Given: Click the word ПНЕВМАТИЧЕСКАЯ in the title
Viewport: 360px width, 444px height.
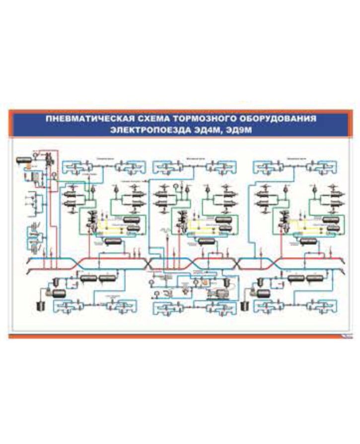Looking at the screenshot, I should pyautogui.click(x=84, y=120).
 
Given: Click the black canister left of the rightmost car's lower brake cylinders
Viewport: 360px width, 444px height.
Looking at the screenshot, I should pyautogui.click(x=244, y=305).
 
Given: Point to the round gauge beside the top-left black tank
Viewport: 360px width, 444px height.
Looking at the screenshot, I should pyautogui.click(x=36, y=157).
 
